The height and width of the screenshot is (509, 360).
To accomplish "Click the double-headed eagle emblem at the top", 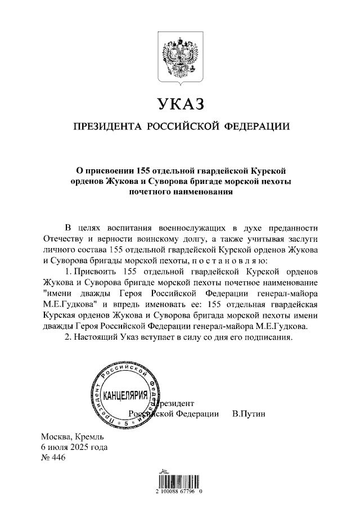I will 180,56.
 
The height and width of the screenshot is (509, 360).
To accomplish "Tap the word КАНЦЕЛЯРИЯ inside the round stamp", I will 125,394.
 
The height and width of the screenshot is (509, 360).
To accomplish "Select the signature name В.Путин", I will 248,415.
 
